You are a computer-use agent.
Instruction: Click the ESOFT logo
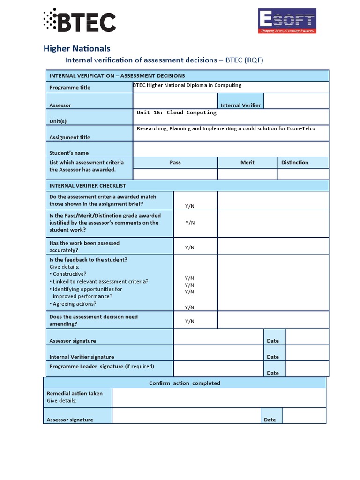[x=287, y=21]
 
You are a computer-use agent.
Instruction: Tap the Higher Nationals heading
[x=77, y=48]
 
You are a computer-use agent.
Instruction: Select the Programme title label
[x=70, y=87]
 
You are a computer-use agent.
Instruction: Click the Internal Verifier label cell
[x=240, y=105]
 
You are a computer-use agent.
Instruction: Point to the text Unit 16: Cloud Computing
[x=176, y=112]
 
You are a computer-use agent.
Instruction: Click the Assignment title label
[x=70, y=137]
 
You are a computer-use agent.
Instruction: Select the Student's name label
[x=69, y=153]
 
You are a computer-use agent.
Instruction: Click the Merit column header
[x=247, y=162]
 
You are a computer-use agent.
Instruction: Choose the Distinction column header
[x=294, y=162]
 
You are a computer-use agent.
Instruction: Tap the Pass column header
[x=175, y=162]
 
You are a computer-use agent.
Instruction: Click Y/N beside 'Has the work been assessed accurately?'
[x=189, y=247]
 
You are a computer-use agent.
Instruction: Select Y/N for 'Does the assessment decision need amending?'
[x=189, y=321]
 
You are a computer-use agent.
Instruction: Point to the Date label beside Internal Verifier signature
[x=272, y=357]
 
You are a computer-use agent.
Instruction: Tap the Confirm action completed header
[x=184, y=383]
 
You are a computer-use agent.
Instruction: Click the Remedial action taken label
[x=75, y=393]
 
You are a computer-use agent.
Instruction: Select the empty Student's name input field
[x=231, y=149]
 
